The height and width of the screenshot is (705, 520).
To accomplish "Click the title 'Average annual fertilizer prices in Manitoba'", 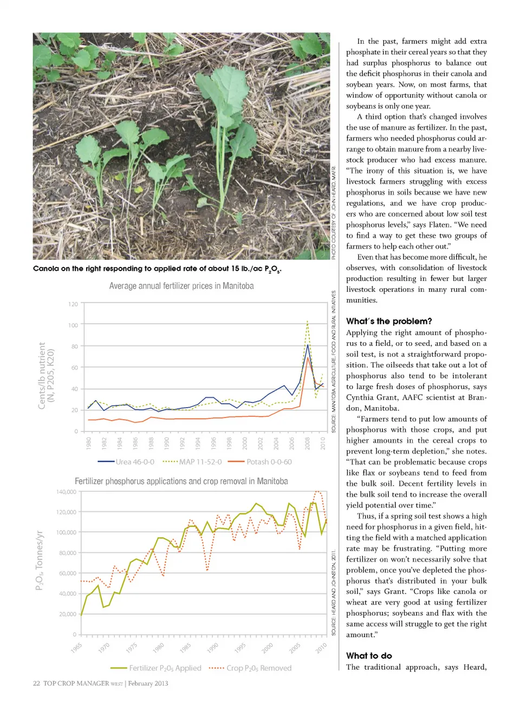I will click(181, 286).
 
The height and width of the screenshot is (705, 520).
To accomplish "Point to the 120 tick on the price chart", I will click(73, 304).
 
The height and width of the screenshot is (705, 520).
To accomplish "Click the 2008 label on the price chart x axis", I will click(308, 443).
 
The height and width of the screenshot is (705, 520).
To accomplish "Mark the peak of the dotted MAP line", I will click(308, 322).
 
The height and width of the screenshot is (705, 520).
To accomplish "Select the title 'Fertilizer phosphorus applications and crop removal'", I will click(181, 481).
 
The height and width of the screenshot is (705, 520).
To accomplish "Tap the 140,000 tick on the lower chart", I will click(67, 492).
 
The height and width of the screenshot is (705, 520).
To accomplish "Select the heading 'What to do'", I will click(369, 656).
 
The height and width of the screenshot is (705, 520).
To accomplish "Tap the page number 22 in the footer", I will click(36, 683).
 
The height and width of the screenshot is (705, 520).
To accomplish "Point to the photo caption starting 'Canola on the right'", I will click(157, 269).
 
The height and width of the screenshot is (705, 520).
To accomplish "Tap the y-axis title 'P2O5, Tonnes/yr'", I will click(39, 560).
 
